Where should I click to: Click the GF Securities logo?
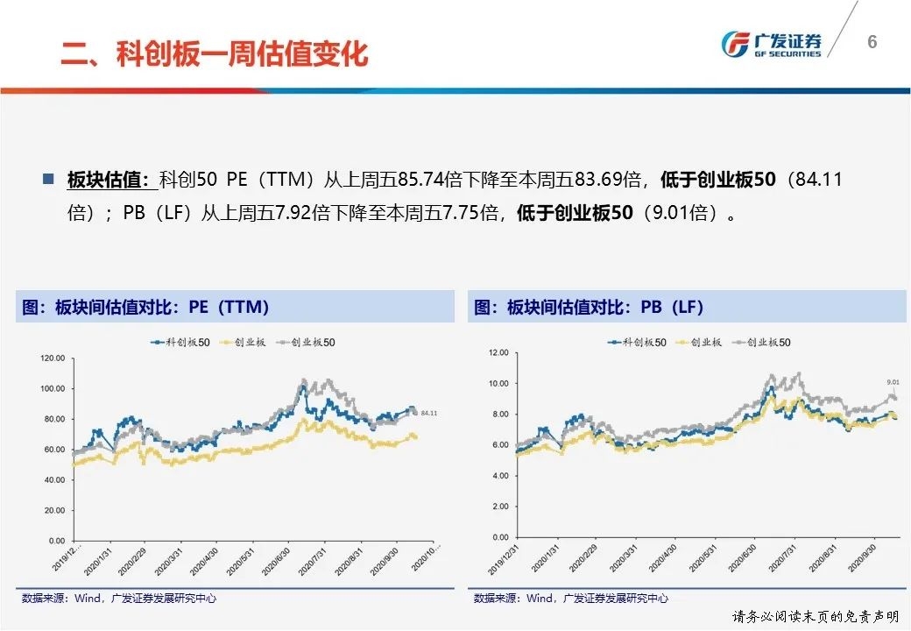point(771,44)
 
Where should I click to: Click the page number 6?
point(872,42)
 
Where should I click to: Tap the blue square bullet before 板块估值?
point(48,180)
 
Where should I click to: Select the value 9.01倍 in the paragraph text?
point(681,213)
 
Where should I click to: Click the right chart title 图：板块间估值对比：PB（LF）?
point(589,308)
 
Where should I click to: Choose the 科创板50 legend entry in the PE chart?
point(181,343)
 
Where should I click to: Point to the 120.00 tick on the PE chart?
point(53,358)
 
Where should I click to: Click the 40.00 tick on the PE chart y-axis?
point(55,480)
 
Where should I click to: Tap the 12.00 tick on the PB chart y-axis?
point(498,352)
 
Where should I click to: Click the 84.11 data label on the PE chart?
point(428,413)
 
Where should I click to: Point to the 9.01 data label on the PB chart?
point(893,382)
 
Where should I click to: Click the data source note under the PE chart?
point(119,599)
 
